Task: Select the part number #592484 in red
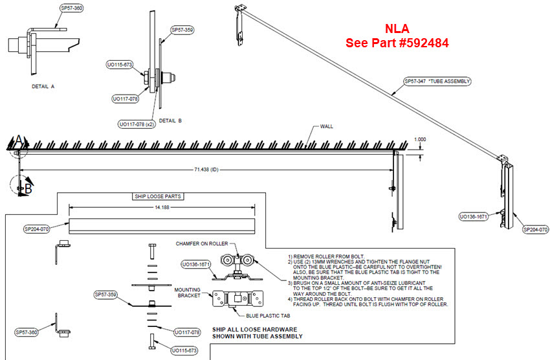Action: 424,43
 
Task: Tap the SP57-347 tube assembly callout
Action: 437,82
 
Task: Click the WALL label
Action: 326,126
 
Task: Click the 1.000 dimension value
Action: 421,139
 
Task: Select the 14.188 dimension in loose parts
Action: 162,207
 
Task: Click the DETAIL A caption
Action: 43,85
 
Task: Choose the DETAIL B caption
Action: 170,120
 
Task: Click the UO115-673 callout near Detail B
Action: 120,65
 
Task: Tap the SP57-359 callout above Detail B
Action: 182,30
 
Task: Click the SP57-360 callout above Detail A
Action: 71,8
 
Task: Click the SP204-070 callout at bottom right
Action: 535,229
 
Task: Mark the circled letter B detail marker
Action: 28,189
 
